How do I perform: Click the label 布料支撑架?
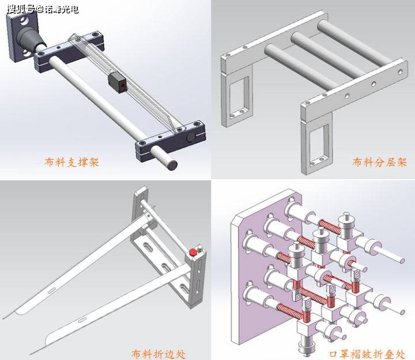pos(71,162)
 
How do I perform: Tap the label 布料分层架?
pos(379,162)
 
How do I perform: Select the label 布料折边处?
pos(159,354)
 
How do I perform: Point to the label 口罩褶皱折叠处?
pos(367,354)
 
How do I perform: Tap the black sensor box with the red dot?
pos(118,82)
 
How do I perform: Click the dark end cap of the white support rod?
pos(173,165)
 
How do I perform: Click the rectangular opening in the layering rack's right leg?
pos(319,142)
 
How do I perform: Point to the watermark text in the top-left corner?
pos(43,10)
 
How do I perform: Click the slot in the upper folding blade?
pos(52,290)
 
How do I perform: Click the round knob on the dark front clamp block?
pos(191,138)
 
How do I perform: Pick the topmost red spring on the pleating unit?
pos(329,226)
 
